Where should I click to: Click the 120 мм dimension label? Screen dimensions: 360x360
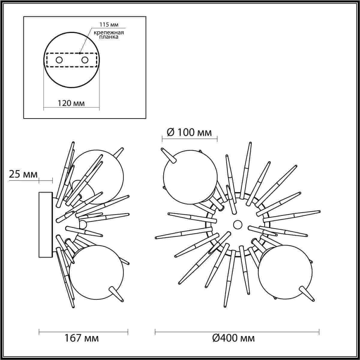(x=71, y=103)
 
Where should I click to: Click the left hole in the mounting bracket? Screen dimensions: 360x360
(x=59, y=60)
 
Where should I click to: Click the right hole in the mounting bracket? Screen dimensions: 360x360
(x=85, y=60)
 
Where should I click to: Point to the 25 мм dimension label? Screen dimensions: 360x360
(x=23, y=174)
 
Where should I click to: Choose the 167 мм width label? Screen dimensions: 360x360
(x=82, y=338)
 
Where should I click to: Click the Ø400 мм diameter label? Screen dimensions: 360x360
(x=233, y=338)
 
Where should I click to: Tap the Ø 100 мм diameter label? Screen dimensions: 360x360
(x=189, y=132)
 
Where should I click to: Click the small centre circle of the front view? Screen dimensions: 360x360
(x=237, y=224)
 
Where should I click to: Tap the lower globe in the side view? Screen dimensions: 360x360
(x=96, y=271)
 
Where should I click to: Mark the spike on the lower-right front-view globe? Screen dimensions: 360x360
(x=306, y=293)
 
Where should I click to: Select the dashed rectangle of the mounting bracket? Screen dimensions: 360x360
(x=71, y=53)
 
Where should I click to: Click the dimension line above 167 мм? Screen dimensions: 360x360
(x=83, y=331)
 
